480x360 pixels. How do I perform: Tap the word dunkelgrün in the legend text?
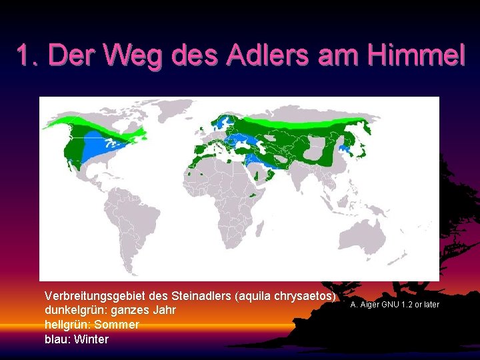click(72, 310)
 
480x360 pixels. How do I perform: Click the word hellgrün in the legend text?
click(65, 325)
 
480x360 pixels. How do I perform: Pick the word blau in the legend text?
click(56, 339)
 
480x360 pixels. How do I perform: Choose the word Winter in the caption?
click(92, 339)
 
